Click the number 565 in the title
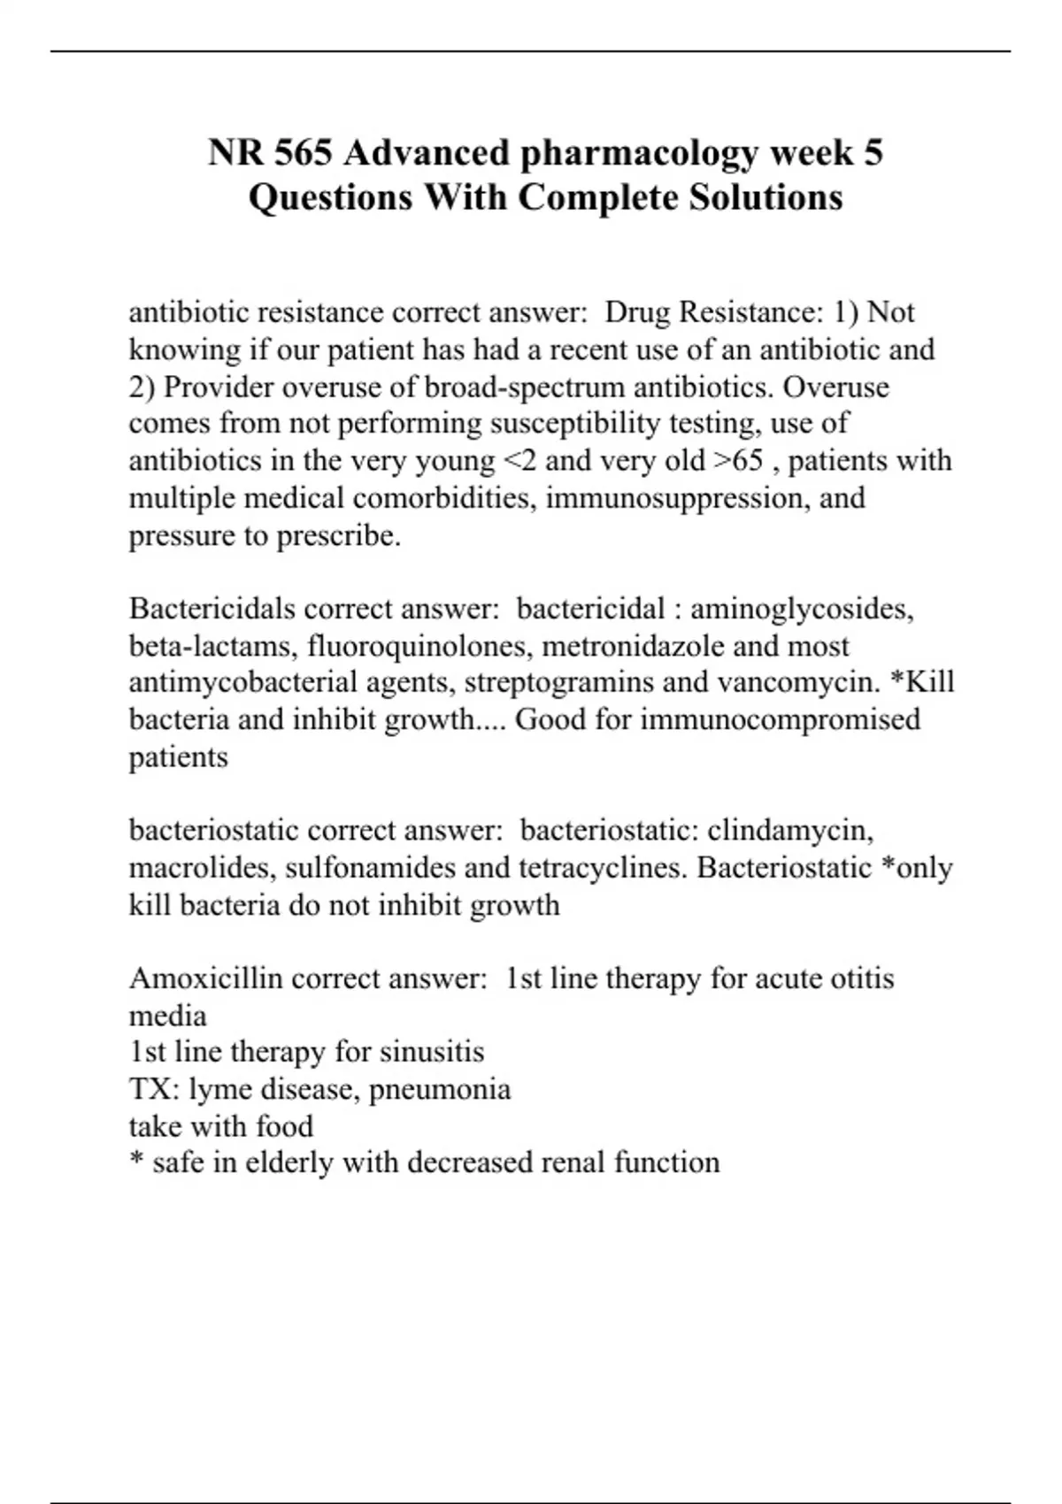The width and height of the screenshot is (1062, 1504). [304, 153]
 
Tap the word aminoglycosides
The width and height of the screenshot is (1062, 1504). [802, 609]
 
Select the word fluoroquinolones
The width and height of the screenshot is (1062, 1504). [420, 646]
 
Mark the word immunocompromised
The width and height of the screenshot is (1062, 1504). [780, 719]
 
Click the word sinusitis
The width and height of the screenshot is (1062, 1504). [432, 1052]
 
